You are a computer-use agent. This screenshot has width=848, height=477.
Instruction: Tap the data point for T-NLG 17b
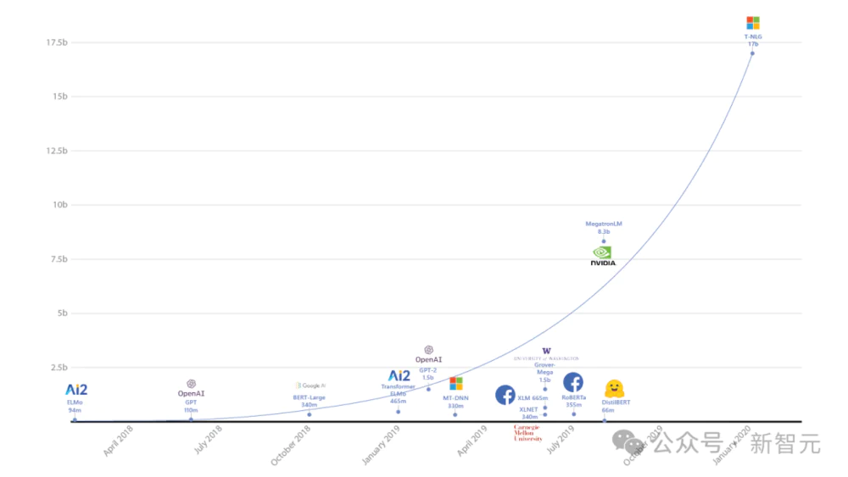(x=752, y=53)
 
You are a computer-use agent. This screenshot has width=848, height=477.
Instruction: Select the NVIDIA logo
(x=603, y=256)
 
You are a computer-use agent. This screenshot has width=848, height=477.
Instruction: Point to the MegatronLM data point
(x=604, y=241)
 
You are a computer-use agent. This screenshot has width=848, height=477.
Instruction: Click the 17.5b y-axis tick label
(x=57, y=42)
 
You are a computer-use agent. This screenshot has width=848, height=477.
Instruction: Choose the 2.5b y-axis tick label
(x=57, y=368)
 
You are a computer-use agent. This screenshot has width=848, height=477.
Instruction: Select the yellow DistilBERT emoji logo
(x=614, y=389)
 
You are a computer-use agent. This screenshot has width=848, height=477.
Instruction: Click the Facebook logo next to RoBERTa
(x=573, y=382)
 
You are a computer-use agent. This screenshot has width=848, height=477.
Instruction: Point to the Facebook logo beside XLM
(x=505, y=395)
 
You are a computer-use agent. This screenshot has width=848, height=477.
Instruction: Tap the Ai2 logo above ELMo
(x=76, y=390)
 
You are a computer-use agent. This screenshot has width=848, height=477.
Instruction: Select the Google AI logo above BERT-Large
(x=310, y=385)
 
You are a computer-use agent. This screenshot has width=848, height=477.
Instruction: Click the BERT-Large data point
(x=310, y=414)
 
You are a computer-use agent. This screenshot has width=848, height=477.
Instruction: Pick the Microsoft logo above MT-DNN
(x=456, y=384)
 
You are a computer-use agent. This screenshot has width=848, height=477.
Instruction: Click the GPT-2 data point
(x=428, y=389)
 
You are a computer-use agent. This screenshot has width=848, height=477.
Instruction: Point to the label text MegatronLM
(x=604, y=224)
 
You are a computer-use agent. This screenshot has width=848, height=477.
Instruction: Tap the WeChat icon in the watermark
(x=629, y=442)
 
